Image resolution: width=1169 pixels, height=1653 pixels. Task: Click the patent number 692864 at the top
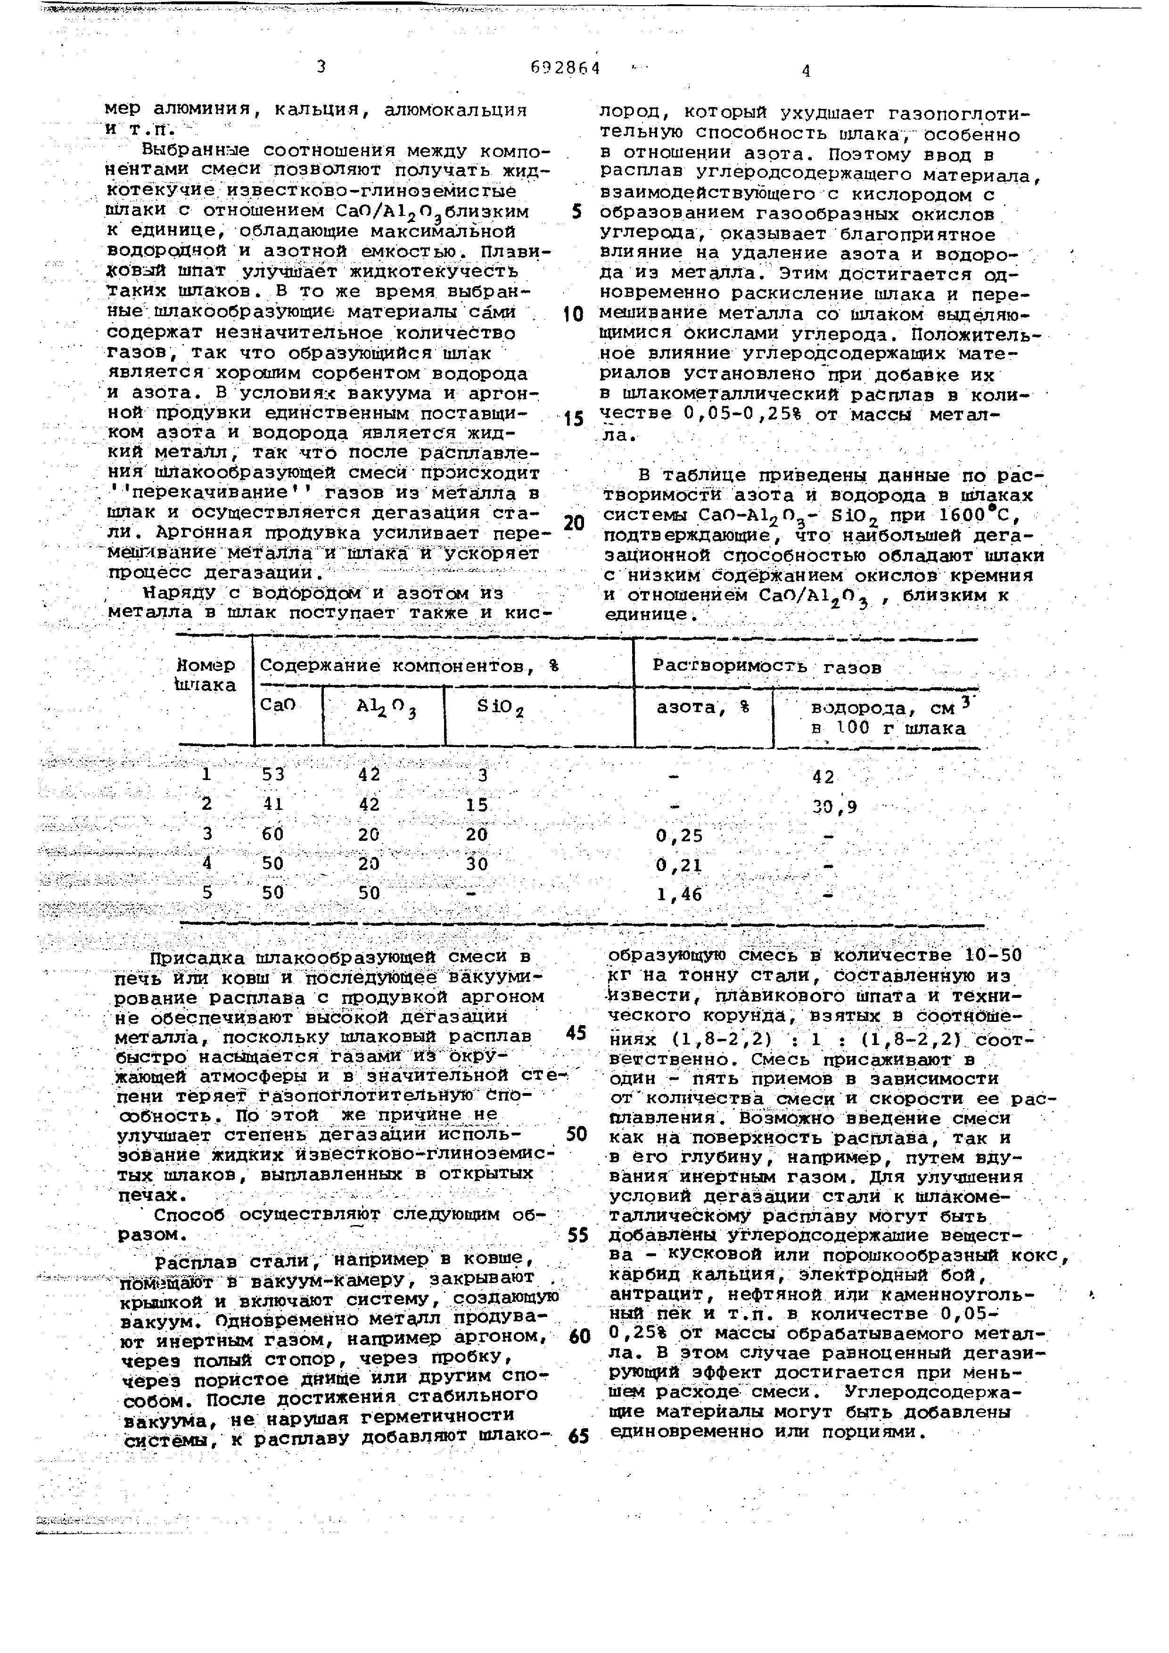click(x=565, y=68)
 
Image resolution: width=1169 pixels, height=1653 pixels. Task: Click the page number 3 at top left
click(x=321, y=67)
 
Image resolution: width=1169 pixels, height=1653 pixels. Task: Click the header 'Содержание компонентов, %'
click(x=409, y=666)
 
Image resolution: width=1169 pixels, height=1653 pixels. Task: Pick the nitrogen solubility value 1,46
click(x=679, y=894)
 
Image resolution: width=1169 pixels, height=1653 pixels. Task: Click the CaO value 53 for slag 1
click(x=273, y=775)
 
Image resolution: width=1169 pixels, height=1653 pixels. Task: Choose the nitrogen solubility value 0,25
click(x=679, y=836)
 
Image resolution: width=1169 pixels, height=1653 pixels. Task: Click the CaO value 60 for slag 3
click(x=273, y=834)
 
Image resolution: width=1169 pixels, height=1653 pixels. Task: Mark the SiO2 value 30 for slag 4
click(x=477, y=864)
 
